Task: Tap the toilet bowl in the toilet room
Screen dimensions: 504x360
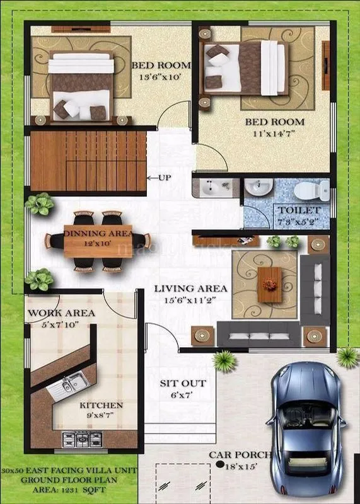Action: click(314, 189)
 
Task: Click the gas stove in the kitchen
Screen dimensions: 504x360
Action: click(84, 437)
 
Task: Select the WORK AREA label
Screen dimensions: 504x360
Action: click(61, 313)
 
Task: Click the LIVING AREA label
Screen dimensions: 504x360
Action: click(190, 289)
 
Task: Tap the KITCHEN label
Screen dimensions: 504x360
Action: click(101, 405)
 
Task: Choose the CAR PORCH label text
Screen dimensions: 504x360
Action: click(240, 455)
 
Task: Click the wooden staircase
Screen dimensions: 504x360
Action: click(88, 161)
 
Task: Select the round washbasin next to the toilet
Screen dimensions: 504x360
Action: click(258, 187)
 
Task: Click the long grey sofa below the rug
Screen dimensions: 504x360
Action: click(258, 333)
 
